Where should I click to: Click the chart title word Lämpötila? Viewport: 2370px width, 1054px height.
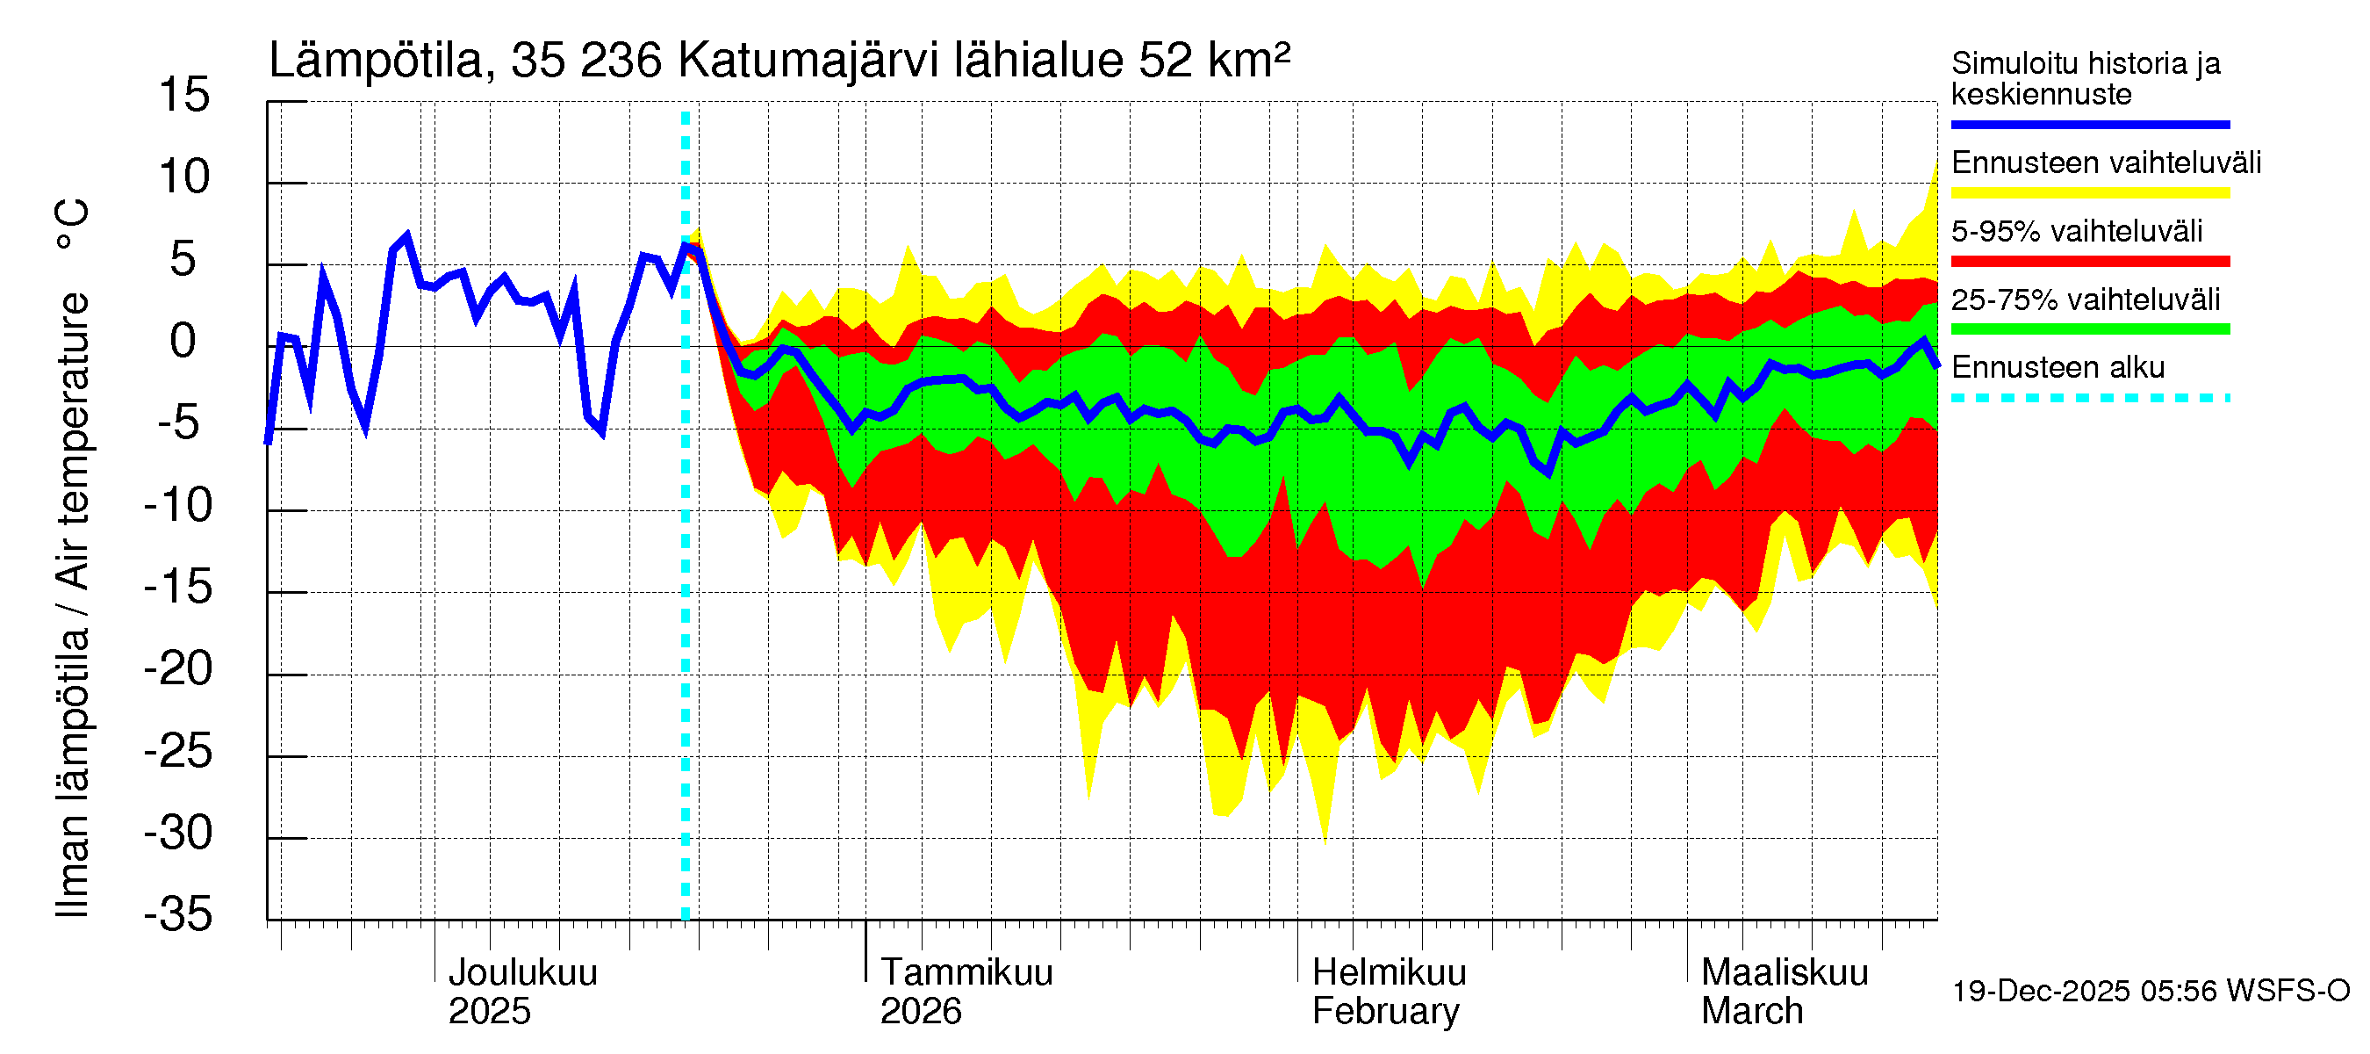[376, 61]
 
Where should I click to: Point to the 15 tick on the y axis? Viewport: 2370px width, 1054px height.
[184, 95]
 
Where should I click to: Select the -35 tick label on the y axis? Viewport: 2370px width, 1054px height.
[178, 914]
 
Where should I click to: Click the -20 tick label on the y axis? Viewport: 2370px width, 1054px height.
[178, 669]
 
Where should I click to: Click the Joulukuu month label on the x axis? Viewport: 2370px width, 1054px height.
[522, 972]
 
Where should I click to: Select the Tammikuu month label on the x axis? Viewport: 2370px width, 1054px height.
[966, 972]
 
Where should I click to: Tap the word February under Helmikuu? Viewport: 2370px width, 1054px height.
[1384, 1012]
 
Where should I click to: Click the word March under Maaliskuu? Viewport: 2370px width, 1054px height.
[1752, 1012]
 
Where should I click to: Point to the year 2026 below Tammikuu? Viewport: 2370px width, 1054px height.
[920, 1012]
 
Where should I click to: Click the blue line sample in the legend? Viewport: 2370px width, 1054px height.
[2089, 124]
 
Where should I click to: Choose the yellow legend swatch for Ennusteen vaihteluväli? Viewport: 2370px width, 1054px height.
[2089, 193]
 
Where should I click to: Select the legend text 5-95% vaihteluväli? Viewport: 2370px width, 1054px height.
[2077, 231]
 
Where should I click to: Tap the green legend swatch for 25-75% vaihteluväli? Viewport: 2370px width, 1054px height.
[2089, 329]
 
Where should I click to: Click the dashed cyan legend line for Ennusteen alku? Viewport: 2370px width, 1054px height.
[2089, 399]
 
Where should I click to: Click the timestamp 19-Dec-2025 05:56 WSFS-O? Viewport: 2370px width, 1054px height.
[2150, 992]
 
